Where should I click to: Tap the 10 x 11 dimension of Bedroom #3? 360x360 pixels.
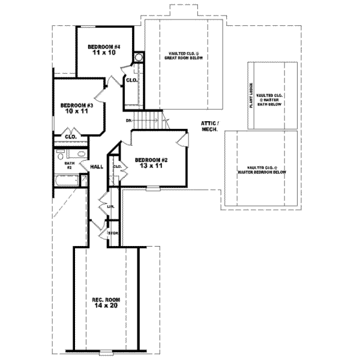pyautogui.click(x=74, y=112)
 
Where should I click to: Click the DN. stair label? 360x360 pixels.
pyautogui.click(x=129, y=121)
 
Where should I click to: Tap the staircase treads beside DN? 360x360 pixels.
pyautogui.click(x=148, y=121)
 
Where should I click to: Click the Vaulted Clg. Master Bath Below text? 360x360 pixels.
pyautogui.click(x=269, y=100)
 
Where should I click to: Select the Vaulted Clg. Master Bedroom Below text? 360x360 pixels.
pyautogui.click(x=262, y=169)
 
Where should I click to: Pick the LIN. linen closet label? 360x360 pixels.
pyautogui.click(x=111, y=206)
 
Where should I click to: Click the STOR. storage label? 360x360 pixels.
pyautogui.click(x=112, y=232)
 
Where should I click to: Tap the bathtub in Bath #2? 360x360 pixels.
pyautogui.click(x=65, y=181)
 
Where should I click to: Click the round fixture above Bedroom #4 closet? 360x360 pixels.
pyautogui.click(x=139, y=58)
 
